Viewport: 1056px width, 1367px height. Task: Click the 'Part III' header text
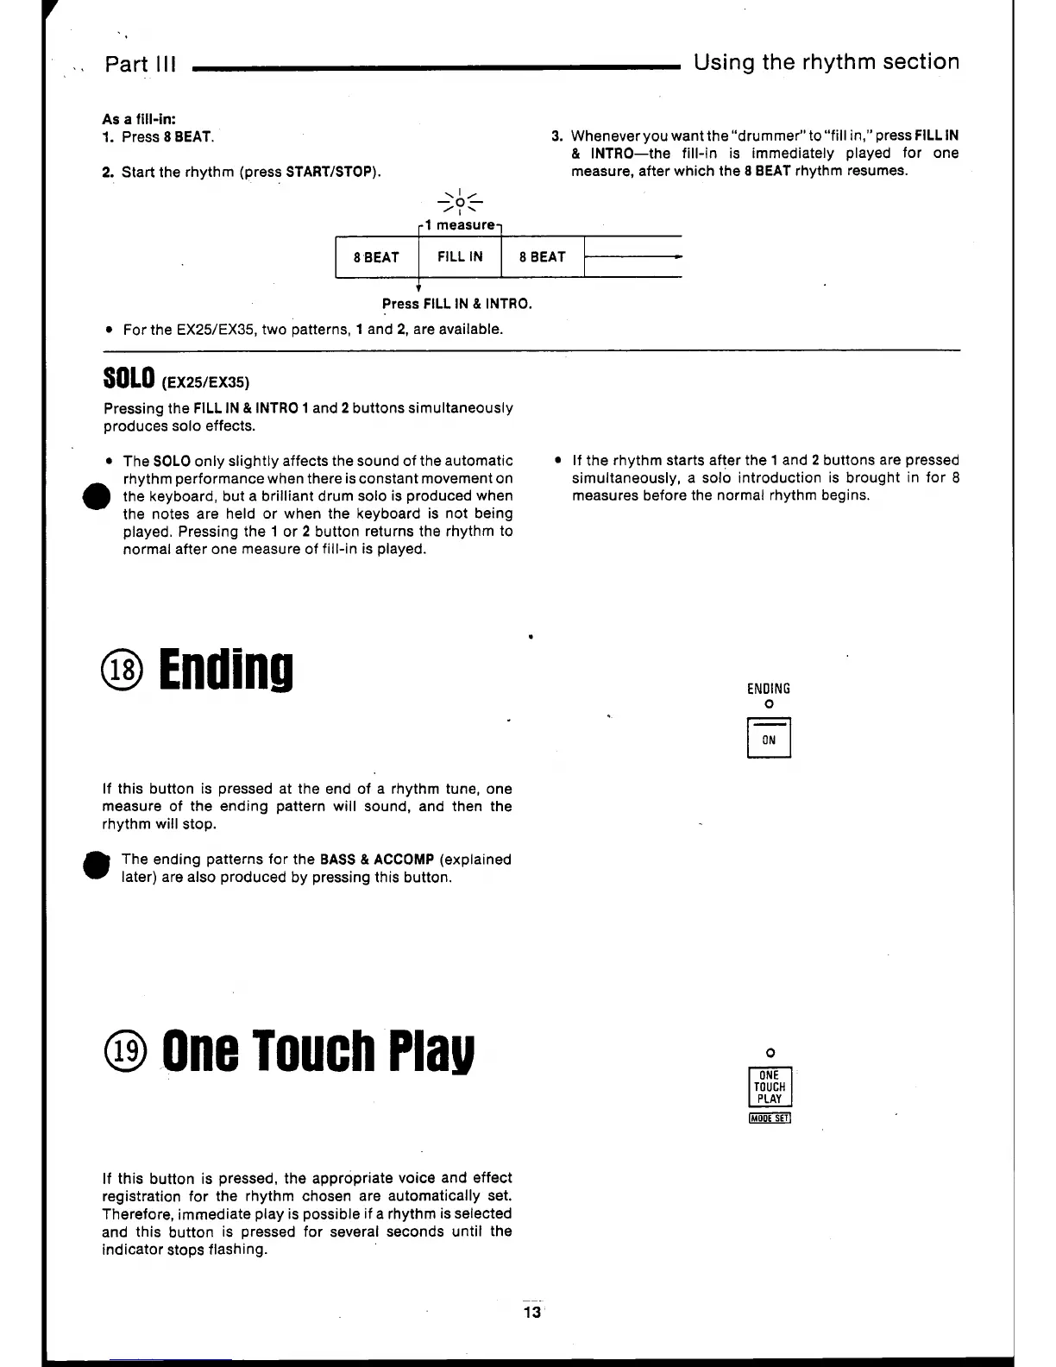pos(140,65)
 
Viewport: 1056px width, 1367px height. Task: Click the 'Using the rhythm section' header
pos(826,62)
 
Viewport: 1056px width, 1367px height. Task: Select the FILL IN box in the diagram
pos(460,257)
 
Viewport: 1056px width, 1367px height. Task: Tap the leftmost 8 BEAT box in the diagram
pos(376,257)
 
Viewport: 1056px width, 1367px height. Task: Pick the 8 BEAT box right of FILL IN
pos(543,257)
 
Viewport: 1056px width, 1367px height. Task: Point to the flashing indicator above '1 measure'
pos(460,204)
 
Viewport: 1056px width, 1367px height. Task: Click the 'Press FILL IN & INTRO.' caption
pos(457,304)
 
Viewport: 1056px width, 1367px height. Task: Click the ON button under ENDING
pos(769,740)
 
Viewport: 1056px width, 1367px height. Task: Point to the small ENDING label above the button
pos(769,689)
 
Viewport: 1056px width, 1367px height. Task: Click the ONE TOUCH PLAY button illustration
pos(770,1087)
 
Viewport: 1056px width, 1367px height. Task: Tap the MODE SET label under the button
pos(770,1119)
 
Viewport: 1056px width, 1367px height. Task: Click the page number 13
pos(531,1313)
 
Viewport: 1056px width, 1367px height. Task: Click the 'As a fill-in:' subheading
pos(140,119)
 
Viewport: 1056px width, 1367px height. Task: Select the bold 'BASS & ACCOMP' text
pos(376,860)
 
